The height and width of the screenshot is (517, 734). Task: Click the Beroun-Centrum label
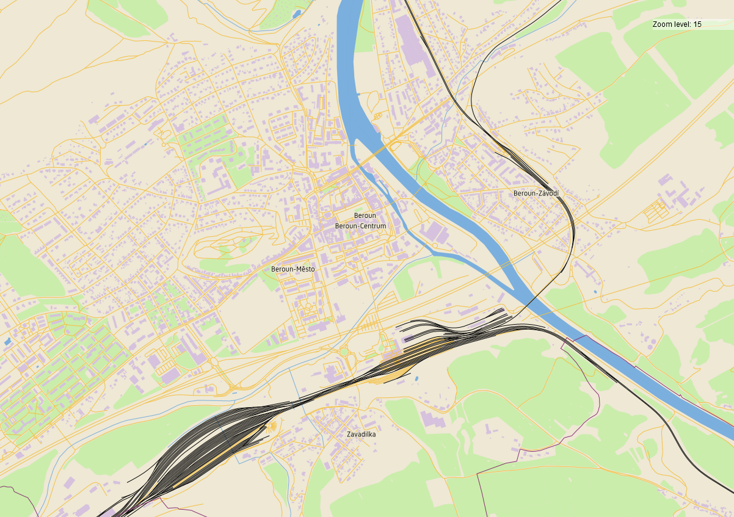tap(360, 226)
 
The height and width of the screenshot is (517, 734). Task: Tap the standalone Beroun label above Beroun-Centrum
tap(365, 215)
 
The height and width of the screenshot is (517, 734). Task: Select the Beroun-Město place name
tap(293, 269)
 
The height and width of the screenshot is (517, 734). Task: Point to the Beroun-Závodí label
tap(536, 193)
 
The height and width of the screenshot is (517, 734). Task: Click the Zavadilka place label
tap(361, 434)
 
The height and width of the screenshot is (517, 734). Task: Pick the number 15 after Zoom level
tap(697, 24)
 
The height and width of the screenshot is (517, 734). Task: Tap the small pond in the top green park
tap(297, 13)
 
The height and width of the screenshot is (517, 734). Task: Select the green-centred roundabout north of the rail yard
tap(343, 352)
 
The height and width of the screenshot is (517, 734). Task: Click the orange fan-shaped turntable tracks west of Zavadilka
tap(273, 426)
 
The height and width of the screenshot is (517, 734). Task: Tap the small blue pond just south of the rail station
tap(416, 379)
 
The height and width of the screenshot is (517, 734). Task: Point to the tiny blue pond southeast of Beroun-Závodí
tap(595, 292)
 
